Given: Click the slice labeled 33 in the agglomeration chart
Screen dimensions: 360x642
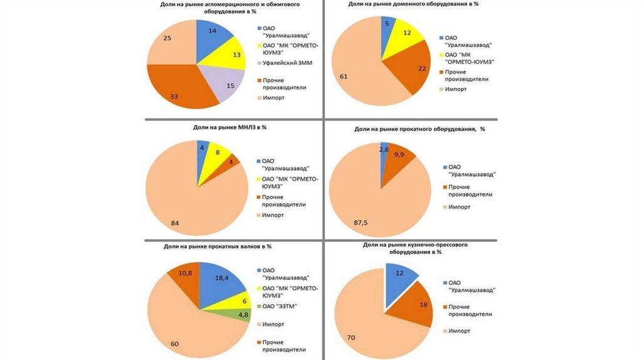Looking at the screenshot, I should coord(179,91).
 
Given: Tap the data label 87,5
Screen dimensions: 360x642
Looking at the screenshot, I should coord(360,221).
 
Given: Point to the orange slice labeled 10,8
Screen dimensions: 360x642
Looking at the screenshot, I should coord(184,274).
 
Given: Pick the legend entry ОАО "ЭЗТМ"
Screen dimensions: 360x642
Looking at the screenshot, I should coord(280,305).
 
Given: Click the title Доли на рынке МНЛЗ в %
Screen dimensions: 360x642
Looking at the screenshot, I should coord(229,127).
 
